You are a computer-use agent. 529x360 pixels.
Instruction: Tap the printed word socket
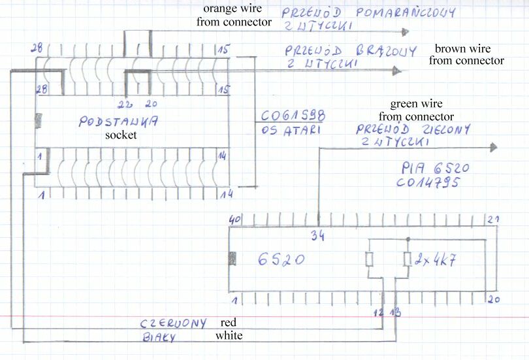[121, 135]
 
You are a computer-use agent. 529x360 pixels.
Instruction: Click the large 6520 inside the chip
[281, 259]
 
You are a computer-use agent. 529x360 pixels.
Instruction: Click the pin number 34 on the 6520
[317, 235]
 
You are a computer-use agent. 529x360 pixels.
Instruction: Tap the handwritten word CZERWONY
[174, 323]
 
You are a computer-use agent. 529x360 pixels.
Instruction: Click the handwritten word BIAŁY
[159, 338]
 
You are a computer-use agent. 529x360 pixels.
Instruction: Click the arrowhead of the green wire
[492, 147]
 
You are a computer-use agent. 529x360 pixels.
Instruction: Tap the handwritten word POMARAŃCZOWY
[404, 13]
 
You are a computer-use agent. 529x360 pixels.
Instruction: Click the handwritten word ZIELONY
[442, 130]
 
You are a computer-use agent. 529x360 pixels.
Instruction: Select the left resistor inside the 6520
[369, 259]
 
